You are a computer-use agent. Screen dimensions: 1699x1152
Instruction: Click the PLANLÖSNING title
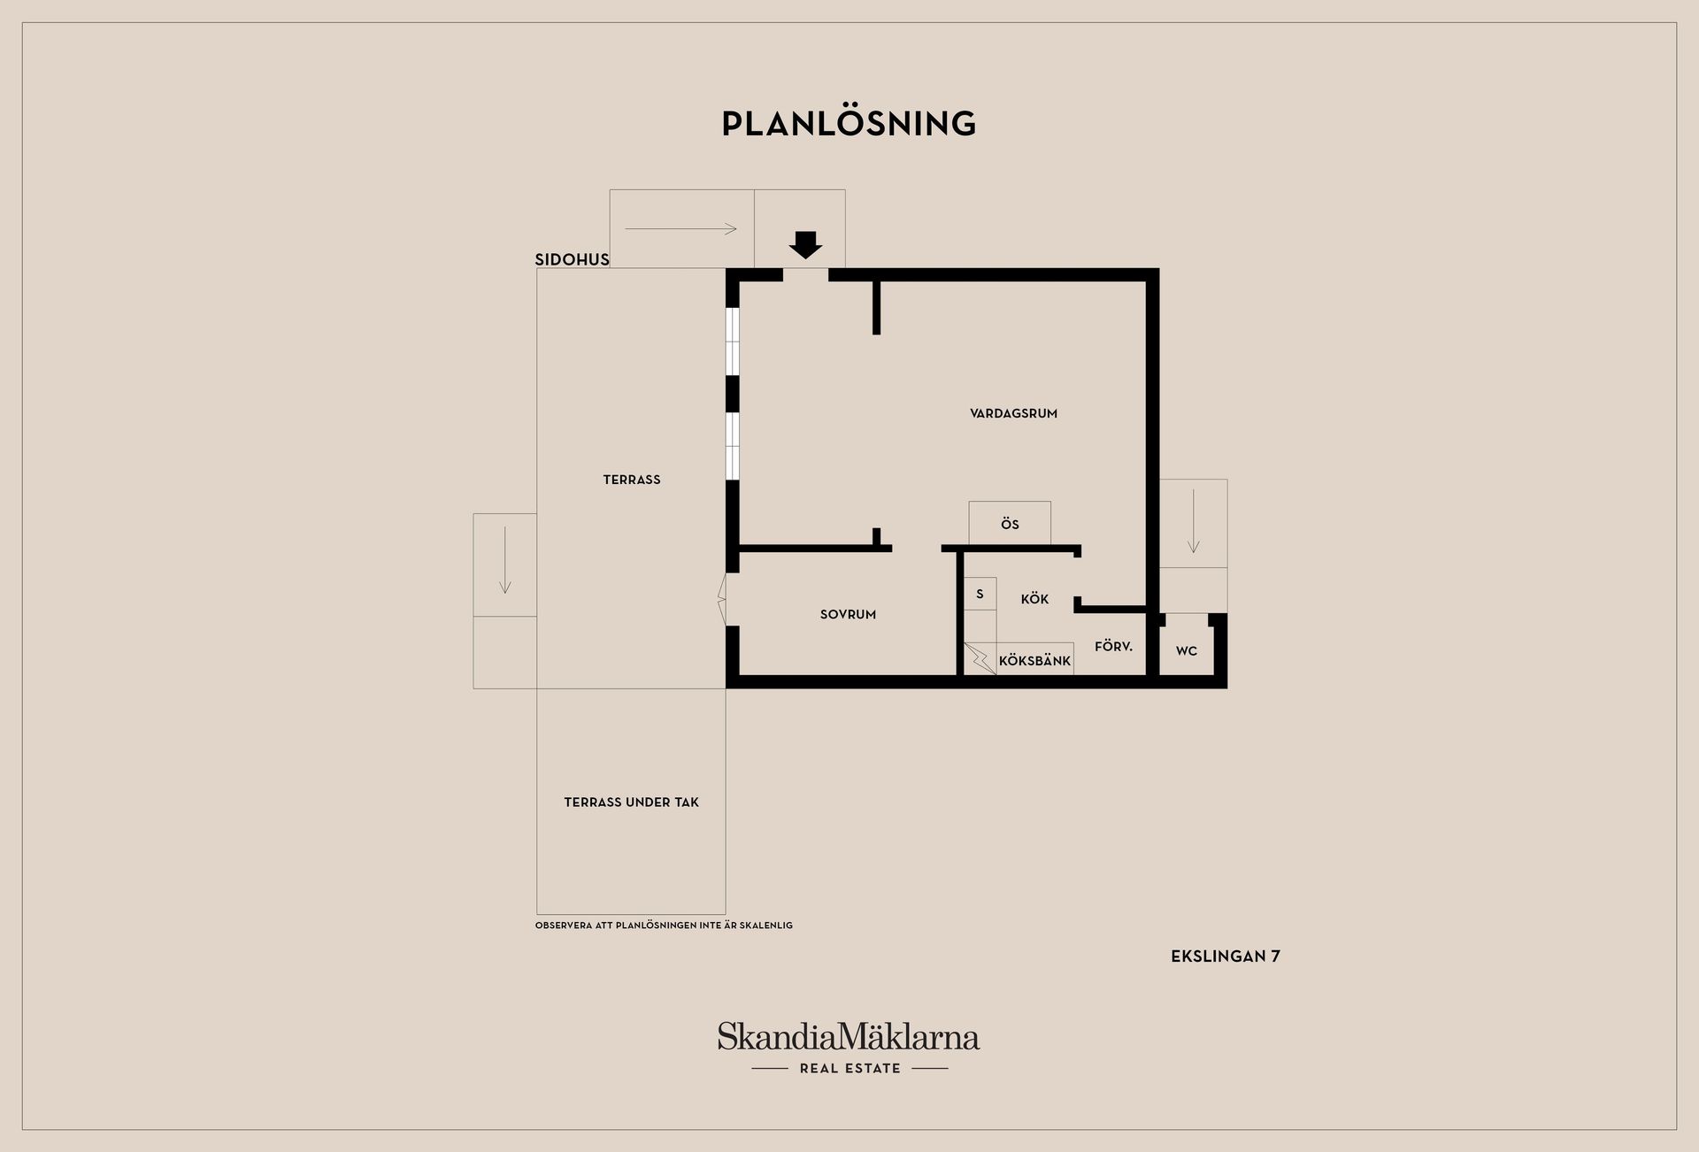pos(849,123)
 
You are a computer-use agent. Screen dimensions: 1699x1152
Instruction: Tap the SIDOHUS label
pos(572,259)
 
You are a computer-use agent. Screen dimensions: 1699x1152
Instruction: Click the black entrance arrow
pos(805,245)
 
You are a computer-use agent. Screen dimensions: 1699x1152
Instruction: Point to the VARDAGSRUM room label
pos(1013,413)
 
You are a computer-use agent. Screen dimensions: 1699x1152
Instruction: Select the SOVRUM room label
pos(848,614)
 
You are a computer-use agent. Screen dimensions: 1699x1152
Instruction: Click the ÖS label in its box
pos(1010,524)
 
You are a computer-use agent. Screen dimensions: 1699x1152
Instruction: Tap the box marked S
pos(980,594)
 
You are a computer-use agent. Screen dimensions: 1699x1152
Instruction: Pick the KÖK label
pos(1034,599)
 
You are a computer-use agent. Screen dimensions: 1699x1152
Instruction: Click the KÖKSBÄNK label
pos(1034,660)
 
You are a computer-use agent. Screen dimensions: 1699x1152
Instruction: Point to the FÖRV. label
pos(1113,647)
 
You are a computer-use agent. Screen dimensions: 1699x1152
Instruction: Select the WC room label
pos(1187,651)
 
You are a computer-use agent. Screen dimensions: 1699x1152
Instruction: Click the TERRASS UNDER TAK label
pos(631,803)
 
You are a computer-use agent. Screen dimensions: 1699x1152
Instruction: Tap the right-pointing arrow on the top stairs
pos(680,229)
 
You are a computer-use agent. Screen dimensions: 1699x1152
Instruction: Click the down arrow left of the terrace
pos(504,560)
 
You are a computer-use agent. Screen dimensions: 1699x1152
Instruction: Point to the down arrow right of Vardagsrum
pos(1193,521)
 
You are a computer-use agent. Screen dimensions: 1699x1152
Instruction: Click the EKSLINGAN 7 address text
pos(1226,956)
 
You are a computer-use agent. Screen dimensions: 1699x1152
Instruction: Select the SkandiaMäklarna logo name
pos(849,1036)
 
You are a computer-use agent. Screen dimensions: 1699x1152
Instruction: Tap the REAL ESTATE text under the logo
pos(849,1069)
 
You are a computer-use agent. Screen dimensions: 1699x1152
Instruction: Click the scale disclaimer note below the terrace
pos(664,925)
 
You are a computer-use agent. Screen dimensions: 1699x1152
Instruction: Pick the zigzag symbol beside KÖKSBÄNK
pos(980,659)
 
